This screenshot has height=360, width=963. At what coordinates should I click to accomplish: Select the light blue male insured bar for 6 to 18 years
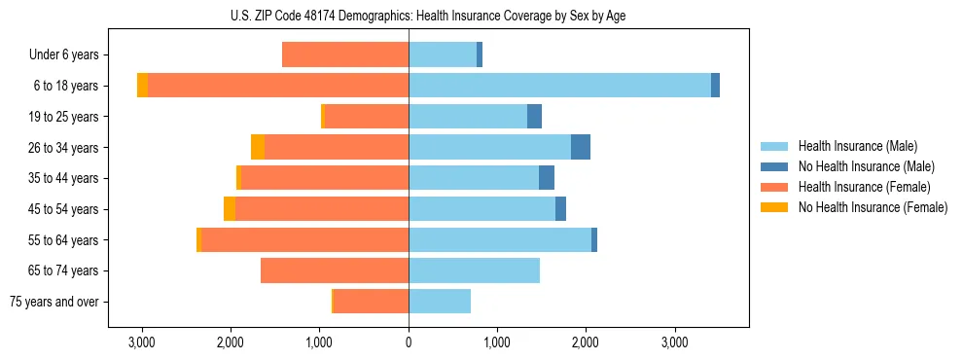point(559,86)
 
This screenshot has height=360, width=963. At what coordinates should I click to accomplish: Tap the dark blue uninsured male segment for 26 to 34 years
point(580,147)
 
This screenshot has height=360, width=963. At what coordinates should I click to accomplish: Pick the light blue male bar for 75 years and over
point(440,302)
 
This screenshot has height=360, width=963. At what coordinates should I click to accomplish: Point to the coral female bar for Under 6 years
point(345,54)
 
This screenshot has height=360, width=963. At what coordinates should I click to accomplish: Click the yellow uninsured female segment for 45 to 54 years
point(230,209)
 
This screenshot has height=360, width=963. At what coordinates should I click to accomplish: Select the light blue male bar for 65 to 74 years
point(474,270)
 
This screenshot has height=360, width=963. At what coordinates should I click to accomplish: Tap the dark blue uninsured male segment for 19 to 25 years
point(534,117)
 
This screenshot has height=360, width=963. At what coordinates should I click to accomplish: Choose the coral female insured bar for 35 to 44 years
point(325,178)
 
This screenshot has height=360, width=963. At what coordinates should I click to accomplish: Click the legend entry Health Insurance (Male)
point(857,146)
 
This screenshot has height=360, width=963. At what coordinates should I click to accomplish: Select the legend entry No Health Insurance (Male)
point(866,166)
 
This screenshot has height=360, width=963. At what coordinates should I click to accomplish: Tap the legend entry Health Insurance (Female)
point(864,187)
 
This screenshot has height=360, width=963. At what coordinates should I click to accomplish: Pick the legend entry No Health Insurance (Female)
point(873,207)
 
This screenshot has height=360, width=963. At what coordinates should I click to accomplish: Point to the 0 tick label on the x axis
point(409,342)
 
